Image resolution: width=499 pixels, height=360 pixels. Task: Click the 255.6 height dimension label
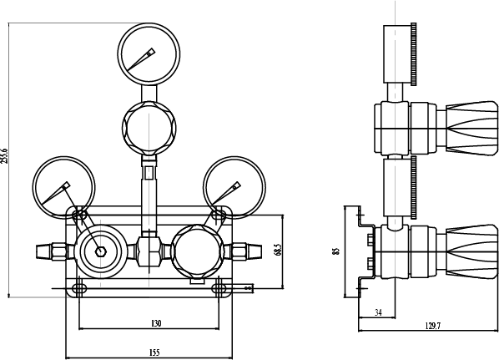click(4, 156)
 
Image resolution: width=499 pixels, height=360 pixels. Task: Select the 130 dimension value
click(156, 323)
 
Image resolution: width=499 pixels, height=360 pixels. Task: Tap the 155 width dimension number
click(154, 352)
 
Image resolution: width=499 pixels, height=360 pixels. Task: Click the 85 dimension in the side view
click(336, 251)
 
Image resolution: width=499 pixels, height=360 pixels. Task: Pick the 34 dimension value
click(378, 312)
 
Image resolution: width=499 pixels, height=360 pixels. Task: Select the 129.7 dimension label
click(433, 326)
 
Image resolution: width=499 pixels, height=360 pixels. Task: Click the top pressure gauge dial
click(149, 53)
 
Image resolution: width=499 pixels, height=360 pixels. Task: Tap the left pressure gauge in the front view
click(63, 187)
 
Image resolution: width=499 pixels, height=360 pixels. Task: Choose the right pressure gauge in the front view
click(234, 187)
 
